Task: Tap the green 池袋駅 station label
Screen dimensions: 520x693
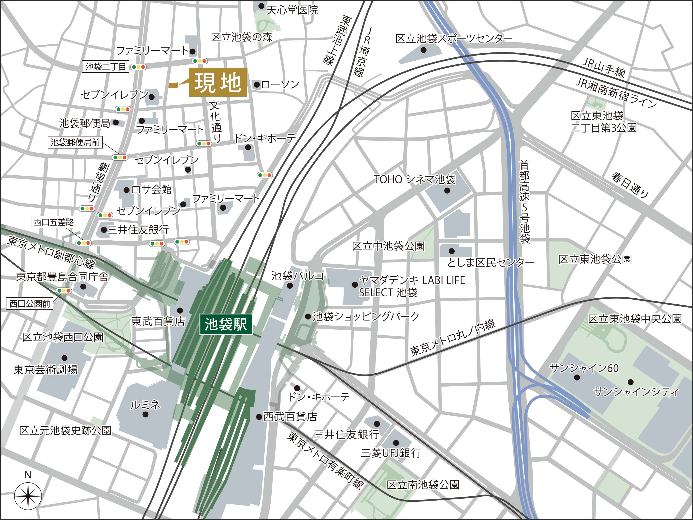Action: tap(226, 324)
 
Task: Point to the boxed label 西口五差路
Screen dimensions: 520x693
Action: tap(54, 222)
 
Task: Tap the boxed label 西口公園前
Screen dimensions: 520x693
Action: tap(30, 304)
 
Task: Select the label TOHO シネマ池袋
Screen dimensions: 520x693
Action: tap(415, 179)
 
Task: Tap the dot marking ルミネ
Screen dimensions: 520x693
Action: tap(145, 414)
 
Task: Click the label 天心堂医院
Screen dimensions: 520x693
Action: tap(292, 10)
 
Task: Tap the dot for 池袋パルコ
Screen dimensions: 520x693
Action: tap(290, 286)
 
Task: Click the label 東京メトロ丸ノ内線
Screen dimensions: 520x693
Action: tap(452, 338)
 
